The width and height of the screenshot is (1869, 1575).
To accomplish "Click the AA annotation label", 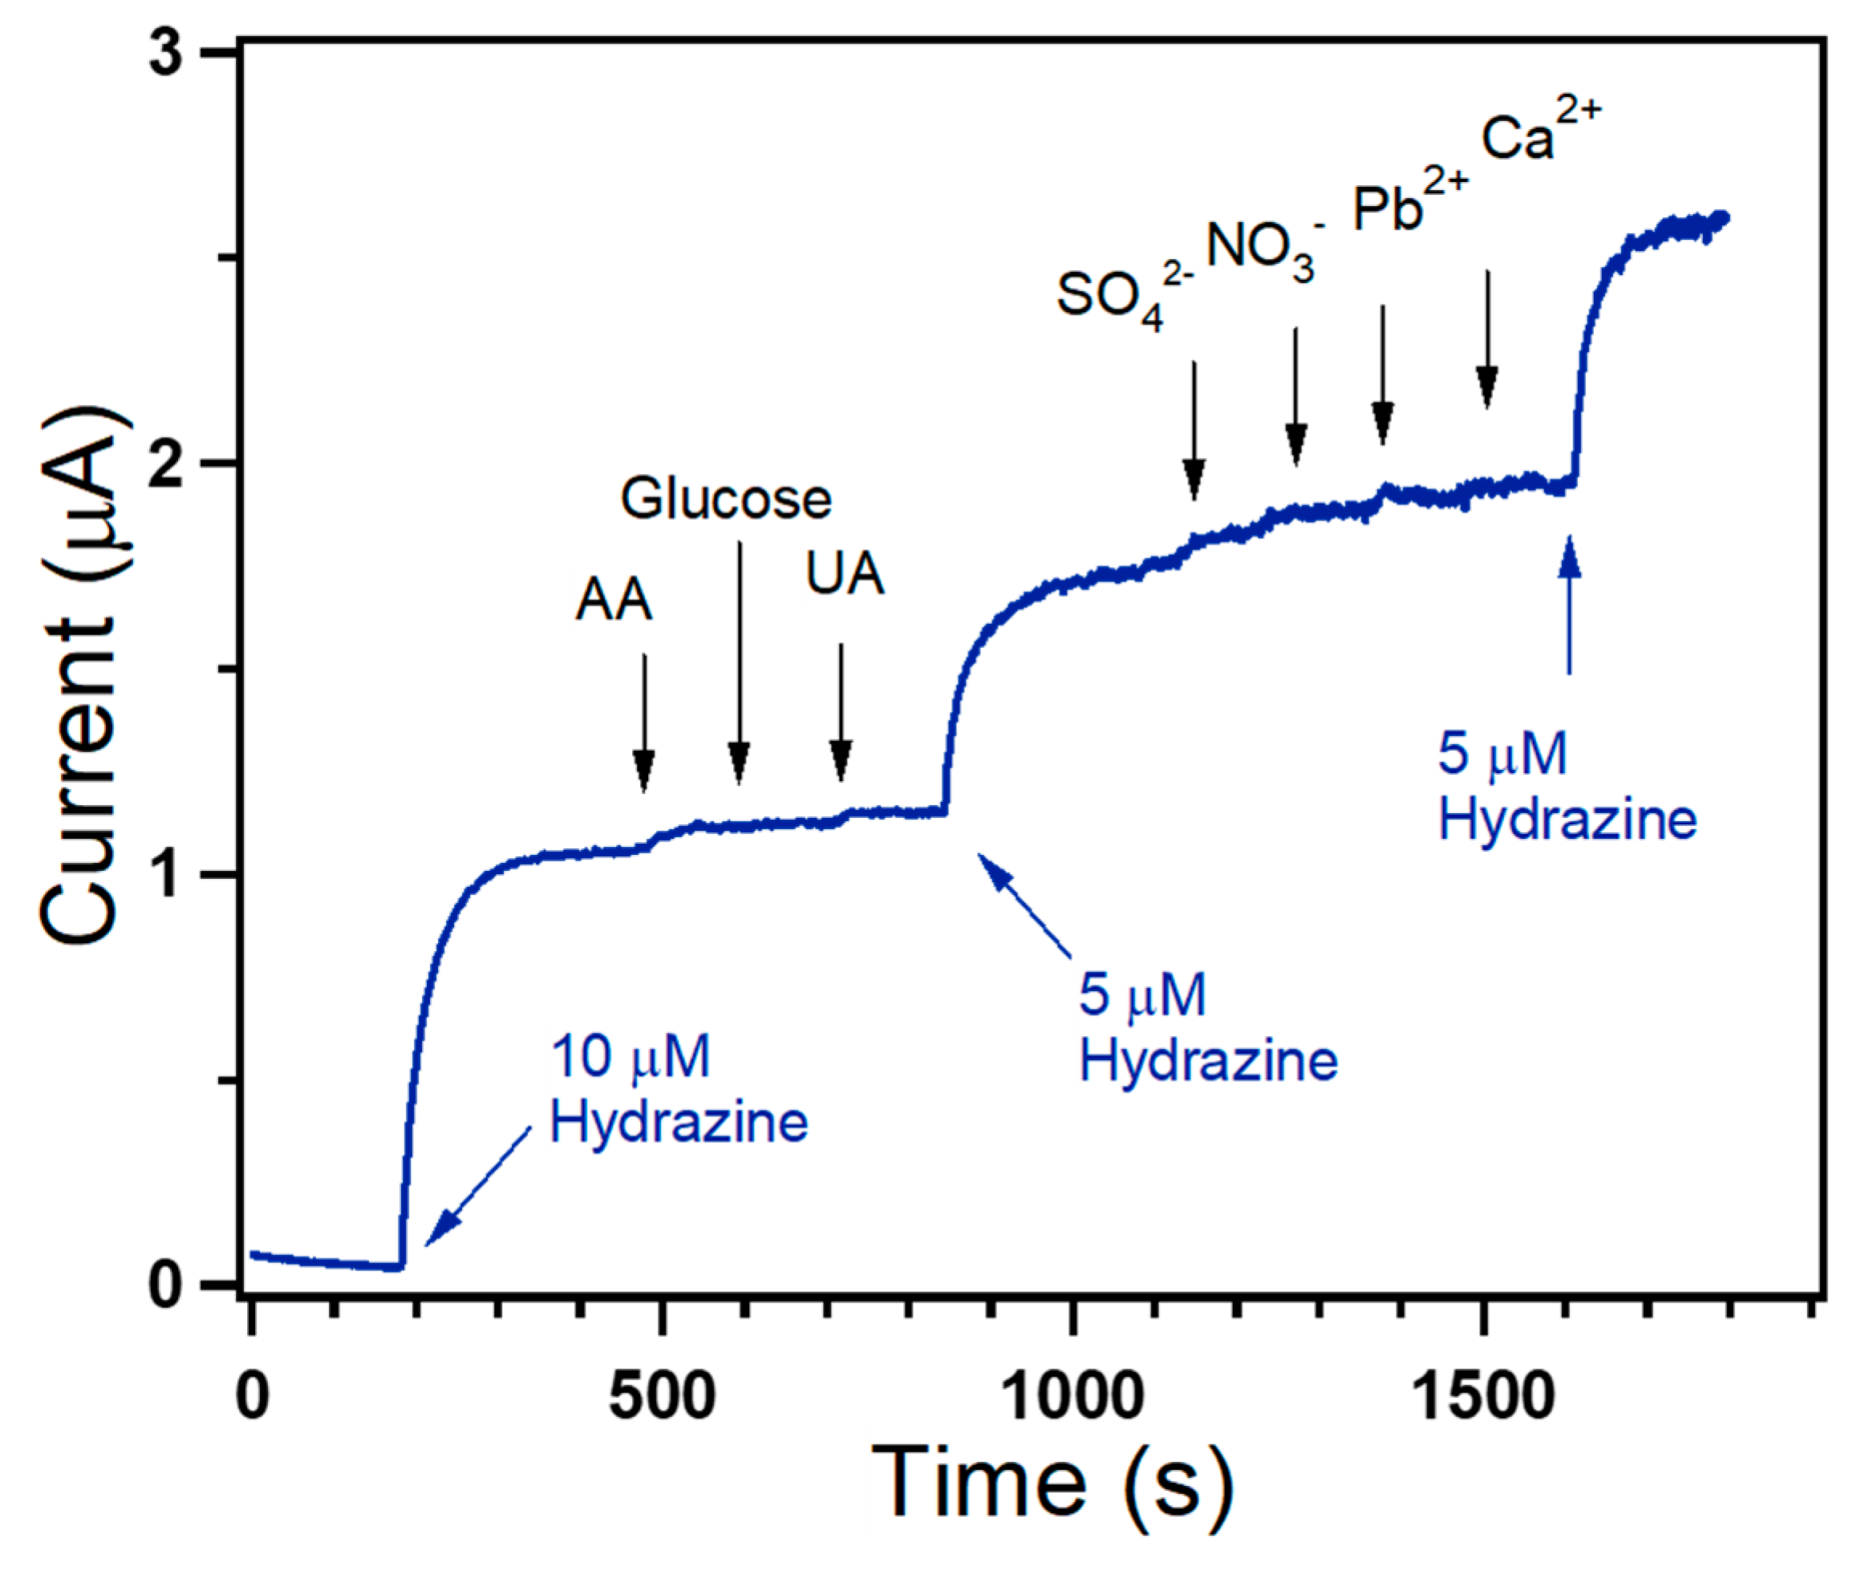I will coord(614,599).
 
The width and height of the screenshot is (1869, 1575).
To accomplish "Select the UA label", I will coord(844,574).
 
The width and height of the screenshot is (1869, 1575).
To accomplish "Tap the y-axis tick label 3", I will coord(166,55).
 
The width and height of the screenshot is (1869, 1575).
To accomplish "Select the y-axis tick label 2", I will coord(166,464).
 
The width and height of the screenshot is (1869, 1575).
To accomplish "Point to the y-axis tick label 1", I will coord(166,875).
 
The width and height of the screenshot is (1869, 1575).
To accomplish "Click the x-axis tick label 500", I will coord(661,1397).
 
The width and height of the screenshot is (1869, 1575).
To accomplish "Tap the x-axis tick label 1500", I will coord(1482,1397).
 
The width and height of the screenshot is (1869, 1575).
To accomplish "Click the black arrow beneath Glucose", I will coord(739,661).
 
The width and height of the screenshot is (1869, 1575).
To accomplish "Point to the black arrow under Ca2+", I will coord(1487,339).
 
